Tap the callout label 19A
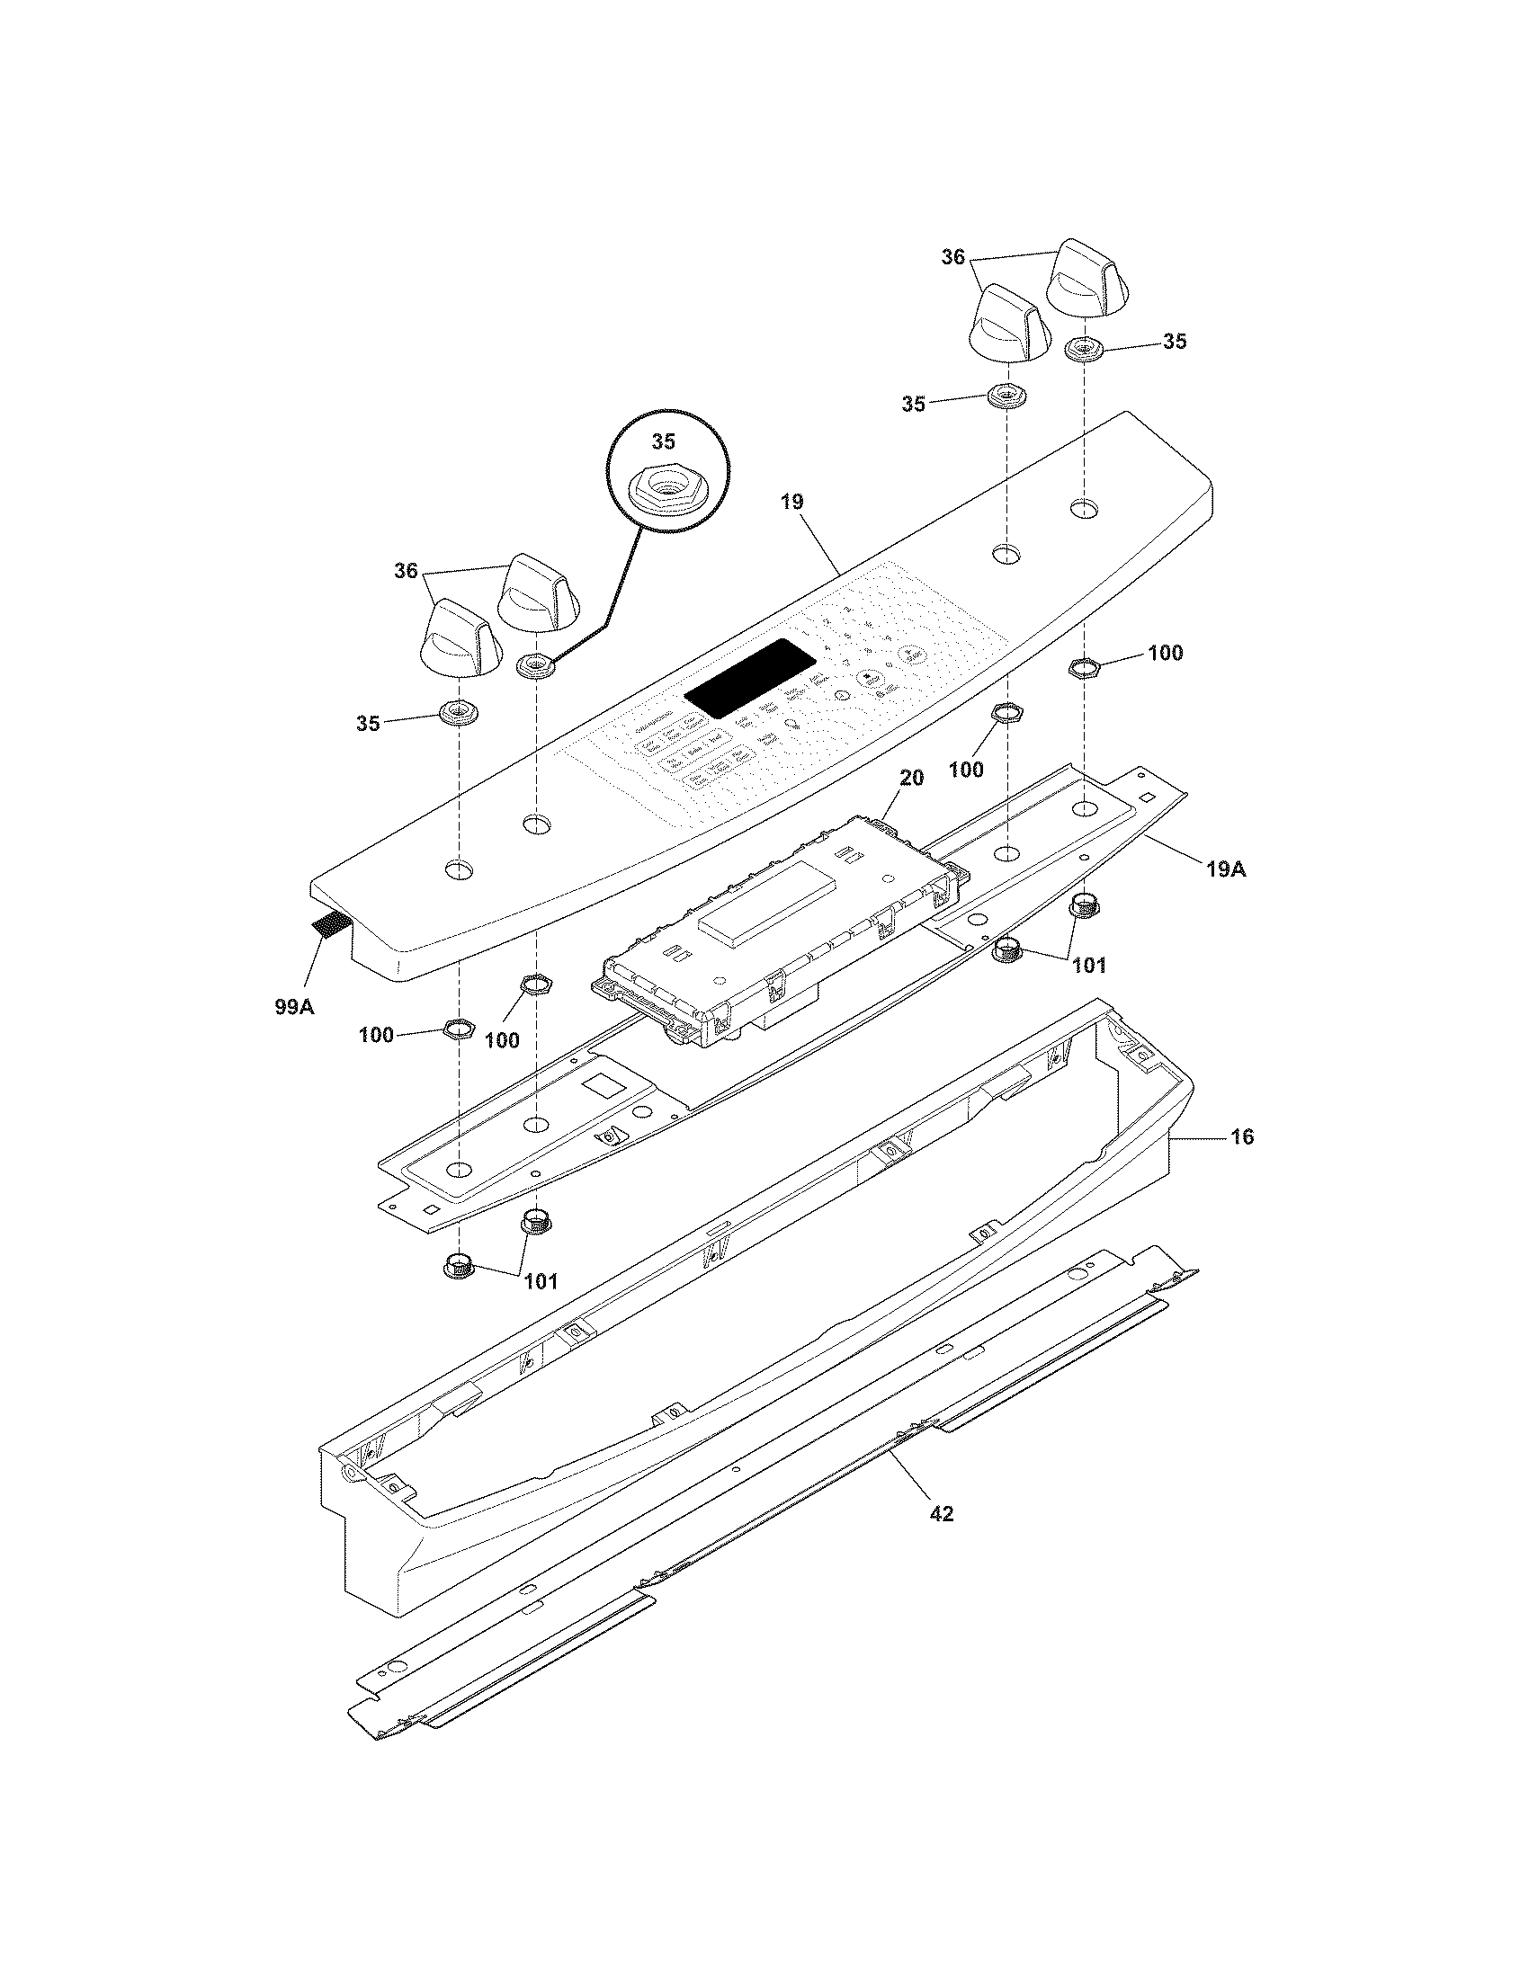pyautogui.click(x=1225, y=869)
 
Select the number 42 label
pyautogui.click(x=941, y=1513)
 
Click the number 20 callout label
pyautogui.click(x=911, y=778)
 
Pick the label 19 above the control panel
pyautogui.click(x=791, y=502)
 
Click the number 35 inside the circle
pyautogui.click(x=664, y=441)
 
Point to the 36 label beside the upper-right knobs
pyautogui.click(x=952, y=257)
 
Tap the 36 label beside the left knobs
pyautogui.click(x=406, y=571)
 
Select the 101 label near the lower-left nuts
pyautogui.click(x=540, y=1280)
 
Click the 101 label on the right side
pyautogui.click(x=1089, y=966)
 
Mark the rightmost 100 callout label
pyautogui.click(x=1165, y=653)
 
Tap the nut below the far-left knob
pyautogui.click(x=460, y=713)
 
